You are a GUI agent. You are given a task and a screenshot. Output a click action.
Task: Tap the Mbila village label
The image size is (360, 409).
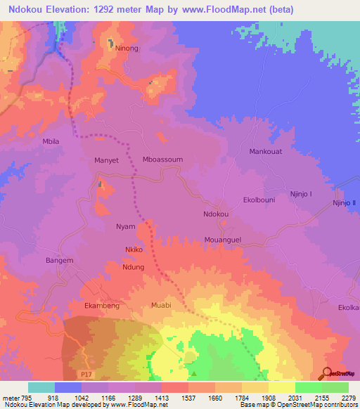click(51, 141)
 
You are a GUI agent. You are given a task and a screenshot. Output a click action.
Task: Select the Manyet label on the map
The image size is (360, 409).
click(107, 160)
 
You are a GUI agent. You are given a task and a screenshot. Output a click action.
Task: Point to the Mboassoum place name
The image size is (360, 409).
click(162, 160)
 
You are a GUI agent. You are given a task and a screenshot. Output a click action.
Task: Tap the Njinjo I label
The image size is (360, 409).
click(300, 194)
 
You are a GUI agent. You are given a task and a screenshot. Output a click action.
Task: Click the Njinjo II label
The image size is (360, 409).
click(345, 203)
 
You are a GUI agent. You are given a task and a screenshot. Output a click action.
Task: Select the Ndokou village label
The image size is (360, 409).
click(216, 214)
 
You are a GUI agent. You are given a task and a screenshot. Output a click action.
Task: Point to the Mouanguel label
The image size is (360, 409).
click(224, 239)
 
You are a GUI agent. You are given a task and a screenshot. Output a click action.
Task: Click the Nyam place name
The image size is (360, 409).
click(125, 226)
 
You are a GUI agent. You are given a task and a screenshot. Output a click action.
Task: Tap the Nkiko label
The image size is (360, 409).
click(134, 249)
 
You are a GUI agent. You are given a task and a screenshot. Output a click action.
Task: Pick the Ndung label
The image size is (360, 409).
click(133, 267)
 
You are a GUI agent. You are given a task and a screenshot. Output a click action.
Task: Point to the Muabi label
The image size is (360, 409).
click(161, 306)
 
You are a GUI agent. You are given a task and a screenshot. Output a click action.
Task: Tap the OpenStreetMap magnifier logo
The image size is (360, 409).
click(328, 373)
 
